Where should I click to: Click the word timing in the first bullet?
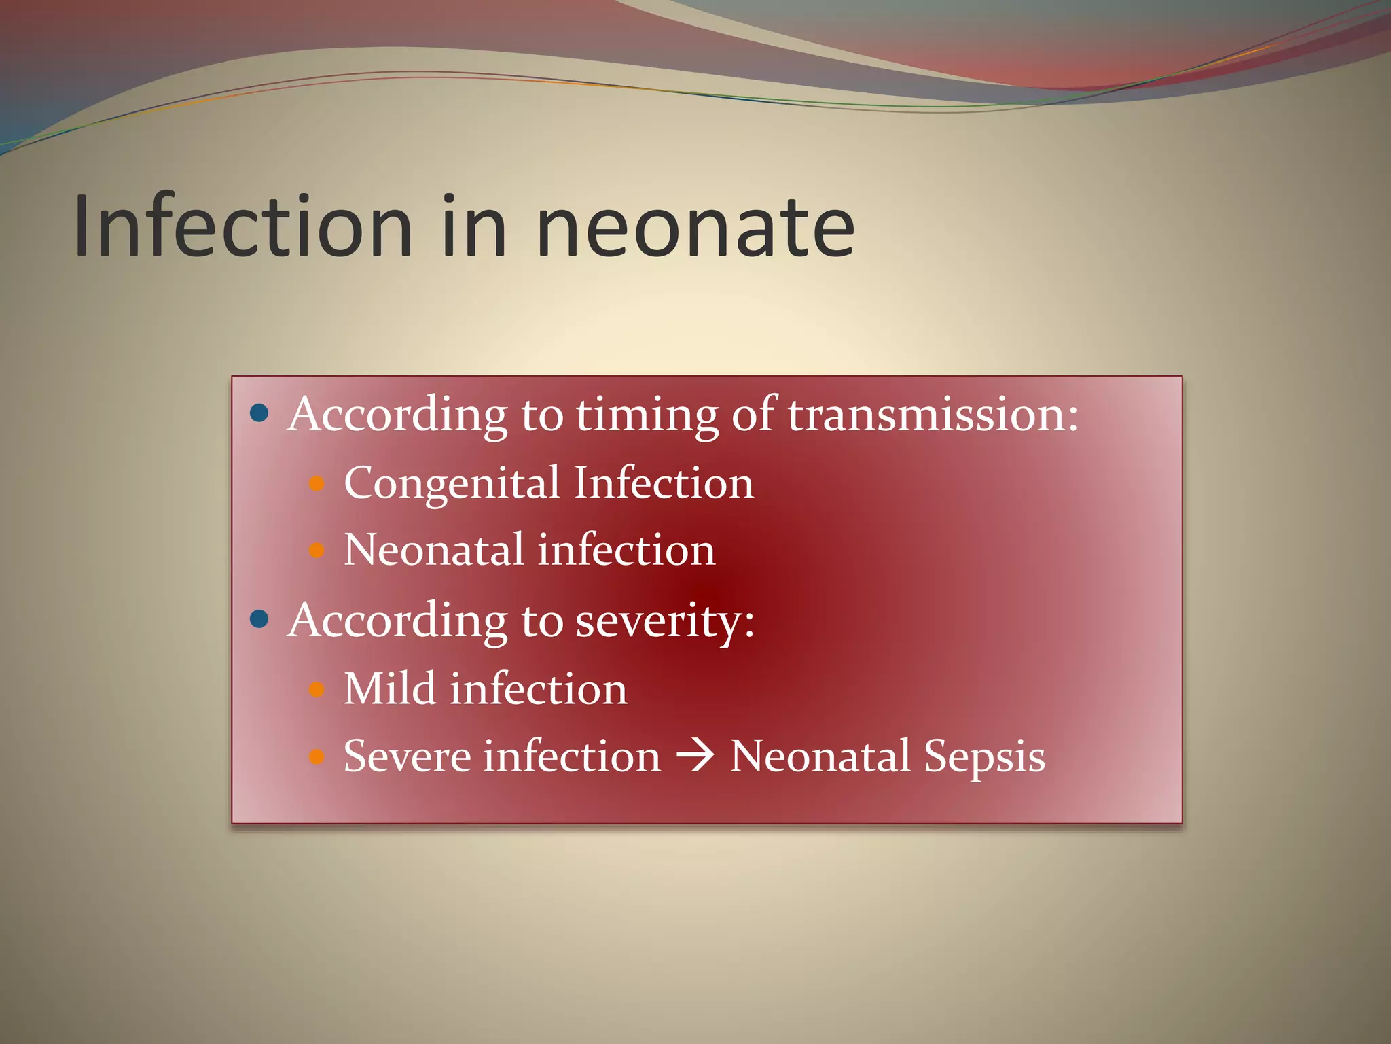click(x=647, y=415)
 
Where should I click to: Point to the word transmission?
click(x=933, y=414)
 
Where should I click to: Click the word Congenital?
click(x=452, y=485)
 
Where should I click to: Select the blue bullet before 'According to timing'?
click(x=259, y=413)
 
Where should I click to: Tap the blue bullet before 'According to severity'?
click(x=259, y=619)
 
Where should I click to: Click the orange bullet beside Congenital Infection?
click(x=317, y=484)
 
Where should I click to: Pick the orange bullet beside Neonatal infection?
click(x=317, y=550)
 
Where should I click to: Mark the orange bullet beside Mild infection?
click(x=317, y=691)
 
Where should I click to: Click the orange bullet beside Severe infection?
click(x=317, y=756)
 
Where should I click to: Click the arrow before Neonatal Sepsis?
click(x=695, y=756)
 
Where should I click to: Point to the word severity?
click(x=664, y=621)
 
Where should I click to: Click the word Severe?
click(x=407, y=756)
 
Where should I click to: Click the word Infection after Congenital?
click(x=663, y=483)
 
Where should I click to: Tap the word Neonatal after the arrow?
click(x=820, y=756)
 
